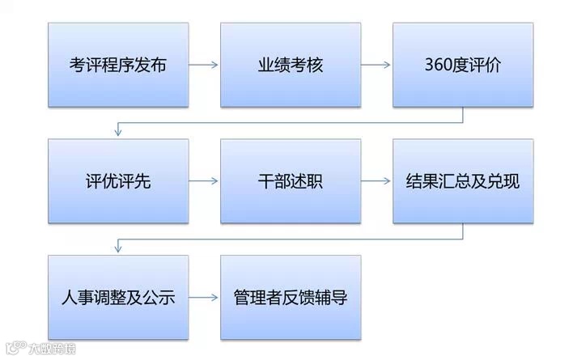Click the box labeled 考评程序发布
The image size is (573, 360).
coord(118,65)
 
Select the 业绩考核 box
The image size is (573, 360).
coord(291,65)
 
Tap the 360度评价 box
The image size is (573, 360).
coord(463,65)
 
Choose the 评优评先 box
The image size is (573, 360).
coord(118,181)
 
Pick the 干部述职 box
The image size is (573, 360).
coord(291,181)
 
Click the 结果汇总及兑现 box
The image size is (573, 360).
coord(463,181)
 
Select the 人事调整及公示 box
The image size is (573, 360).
coord(118,297)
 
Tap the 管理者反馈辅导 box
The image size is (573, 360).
coord(291,297)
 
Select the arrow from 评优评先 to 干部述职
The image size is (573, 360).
coord(204,181)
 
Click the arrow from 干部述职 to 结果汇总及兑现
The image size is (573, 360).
coord(376,181)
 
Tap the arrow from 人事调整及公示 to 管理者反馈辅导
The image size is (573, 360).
coord(204,297)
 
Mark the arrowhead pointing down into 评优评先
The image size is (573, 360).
coord(119,132)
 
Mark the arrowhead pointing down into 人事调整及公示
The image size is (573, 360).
coord(119,248)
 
